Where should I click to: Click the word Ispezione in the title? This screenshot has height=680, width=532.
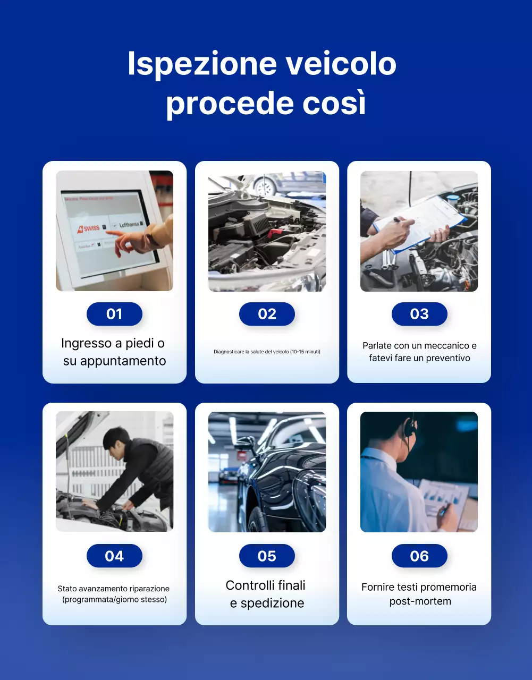pos(202,64)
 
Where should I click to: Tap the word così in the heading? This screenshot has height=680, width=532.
pos(334,103)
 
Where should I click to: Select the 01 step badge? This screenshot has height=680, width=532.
pos(114,314)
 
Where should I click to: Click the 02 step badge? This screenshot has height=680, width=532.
pos(267,314)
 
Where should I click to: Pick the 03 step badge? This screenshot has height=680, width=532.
pos(419,314)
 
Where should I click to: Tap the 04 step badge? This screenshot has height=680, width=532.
pos(114,556)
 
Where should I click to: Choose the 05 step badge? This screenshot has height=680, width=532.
pos(267,556)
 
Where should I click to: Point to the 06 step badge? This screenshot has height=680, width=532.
pos(419,556)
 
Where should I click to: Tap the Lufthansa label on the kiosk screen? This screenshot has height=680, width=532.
pos(130,225)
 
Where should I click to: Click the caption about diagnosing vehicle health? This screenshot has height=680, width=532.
pos(267,352)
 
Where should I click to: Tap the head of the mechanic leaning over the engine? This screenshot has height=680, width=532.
pos(116,439)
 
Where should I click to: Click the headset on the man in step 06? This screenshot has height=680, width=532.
pos(409,428)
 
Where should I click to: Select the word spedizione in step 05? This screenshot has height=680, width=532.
pos(272,603)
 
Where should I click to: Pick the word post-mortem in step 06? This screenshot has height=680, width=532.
pos(420,601)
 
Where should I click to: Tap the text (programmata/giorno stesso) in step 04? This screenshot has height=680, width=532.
pos(114,600)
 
